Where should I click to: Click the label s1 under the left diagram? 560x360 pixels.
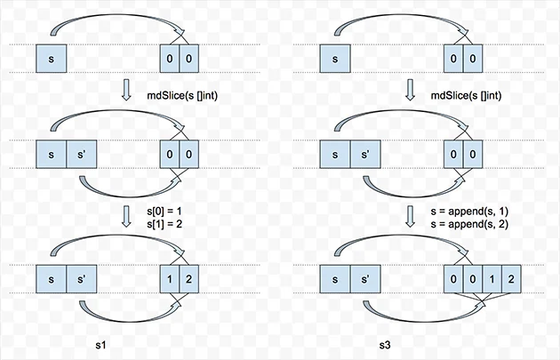100,345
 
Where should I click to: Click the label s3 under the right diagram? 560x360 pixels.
385,345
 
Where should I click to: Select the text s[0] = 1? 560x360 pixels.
164,211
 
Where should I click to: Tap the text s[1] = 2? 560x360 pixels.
164,224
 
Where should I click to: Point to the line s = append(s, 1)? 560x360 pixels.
469,211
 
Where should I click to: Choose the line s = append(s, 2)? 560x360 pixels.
469,224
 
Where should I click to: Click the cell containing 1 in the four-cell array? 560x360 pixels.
492,279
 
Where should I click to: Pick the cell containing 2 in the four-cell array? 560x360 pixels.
511,279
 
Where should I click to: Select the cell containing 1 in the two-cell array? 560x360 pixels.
169,279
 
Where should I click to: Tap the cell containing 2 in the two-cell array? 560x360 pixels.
188,279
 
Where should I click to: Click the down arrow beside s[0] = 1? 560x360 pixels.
126,216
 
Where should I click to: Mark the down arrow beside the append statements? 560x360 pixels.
410,216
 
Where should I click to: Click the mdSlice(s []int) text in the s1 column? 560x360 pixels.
182,95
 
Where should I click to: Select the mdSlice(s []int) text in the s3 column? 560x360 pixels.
466,95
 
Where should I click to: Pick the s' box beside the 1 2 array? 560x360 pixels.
82,279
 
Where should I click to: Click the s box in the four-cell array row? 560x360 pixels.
335,279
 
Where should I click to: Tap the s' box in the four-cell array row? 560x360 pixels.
365,279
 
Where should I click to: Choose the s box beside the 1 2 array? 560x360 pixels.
51,279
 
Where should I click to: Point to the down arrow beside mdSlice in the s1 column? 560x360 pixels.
126,90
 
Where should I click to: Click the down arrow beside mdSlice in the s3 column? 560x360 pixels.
410,90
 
